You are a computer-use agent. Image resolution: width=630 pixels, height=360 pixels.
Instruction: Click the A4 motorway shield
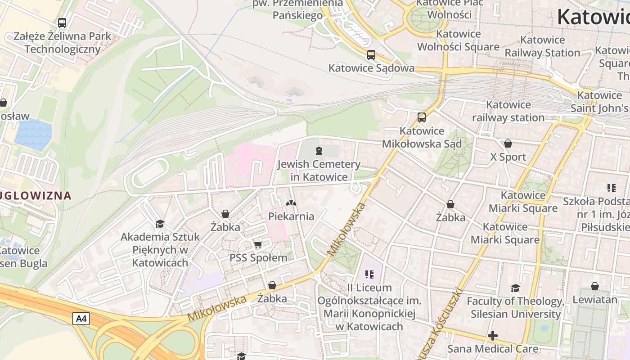click(81, 319)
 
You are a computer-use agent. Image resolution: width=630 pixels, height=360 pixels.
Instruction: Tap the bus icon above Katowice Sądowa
click(371, 55)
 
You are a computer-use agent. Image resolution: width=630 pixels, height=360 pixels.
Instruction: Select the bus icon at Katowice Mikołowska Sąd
click(422, 117)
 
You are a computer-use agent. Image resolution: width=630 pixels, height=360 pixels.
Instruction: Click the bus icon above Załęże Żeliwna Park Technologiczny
click(62, 22)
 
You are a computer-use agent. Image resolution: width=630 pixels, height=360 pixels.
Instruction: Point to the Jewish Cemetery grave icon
click(319, 150)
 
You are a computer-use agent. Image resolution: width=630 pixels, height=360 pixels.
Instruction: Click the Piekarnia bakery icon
click(291, 203)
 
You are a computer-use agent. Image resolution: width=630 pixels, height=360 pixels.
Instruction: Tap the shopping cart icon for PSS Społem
click(258, 245)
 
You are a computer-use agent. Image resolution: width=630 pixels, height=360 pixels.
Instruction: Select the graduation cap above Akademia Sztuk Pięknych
click(160, 224)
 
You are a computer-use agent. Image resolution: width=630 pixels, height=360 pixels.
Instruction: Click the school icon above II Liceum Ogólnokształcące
click(369, 274)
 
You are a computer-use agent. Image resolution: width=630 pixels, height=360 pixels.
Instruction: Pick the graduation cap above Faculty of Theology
click(515, 288)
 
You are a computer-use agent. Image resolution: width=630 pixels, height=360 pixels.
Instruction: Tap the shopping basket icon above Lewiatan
click(594, 286)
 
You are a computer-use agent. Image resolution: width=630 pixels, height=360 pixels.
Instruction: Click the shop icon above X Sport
click(508, 144)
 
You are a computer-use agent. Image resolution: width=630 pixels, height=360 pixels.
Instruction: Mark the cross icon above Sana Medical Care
click(493, 336)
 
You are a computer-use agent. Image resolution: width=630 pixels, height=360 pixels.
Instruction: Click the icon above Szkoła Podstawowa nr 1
click(611, 188)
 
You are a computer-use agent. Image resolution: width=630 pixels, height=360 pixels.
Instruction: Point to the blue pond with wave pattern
click(33, 134)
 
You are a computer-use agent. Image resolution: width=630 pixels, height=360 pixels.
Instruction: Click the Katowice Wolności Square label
click(458, 40)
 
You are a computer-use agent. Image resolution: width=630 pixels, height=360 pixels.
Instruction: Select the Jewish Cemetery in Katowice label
click(319, 171)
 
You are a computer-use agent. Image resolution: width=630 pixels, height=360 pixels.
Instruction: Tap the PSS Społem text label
click(258, 258)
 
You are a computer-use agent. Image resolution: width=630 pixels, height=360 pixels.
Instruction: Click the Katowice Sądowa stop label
click(371, 68)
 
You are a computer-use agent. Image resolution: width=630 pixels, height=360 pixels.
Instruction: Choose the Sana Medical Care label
click(493, 349)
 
